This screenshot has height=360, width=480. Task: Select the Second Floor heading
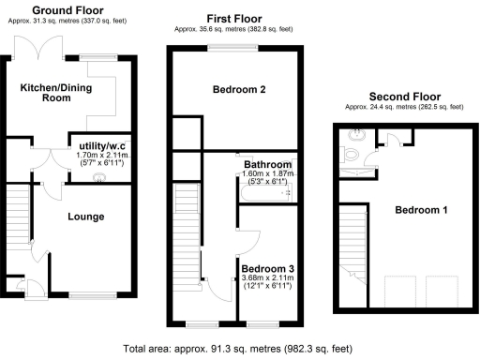[404, 97]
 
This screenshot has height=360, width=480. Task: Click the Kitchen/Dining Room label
[46, 92]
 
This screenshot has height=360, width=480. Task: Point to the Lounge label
[85, 217]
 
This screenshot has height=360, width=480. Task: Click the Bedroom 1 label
[419, 210]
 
